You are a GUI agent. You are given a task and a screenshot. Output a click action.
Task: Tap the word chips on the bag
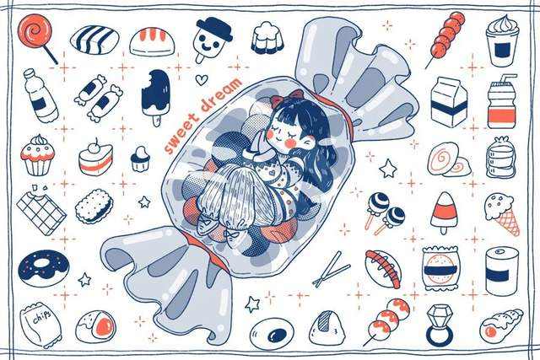point(42,315)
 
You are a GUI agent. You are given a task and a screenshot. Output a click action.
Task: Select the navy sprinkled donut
point(43,268)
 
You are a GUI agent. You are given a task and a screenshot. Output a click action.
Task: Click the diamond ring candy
point(440,325)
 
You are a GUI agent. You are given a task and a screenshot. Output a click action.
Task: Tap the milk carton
point(449,101)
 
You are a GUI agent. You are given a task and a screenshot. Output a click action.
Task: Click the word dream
point(221,94)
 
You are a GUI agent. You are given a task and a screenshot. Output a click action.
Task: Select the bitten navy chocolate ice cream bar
point(155,96)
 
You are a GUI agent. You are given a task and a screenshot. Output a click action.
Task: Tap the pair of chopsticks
point(331,269)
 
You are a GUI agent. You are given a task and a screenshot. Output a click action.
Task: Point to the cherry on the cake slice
point(94,147)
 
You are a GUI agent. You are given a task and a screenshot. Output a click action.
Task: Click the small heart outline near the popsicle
point(202,80)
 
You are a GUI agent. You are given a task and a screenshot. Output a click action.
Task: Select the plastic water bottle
point(40,95)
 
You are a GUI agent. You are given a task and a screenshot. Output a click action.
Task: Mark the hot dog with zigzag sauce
point(383,268)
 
